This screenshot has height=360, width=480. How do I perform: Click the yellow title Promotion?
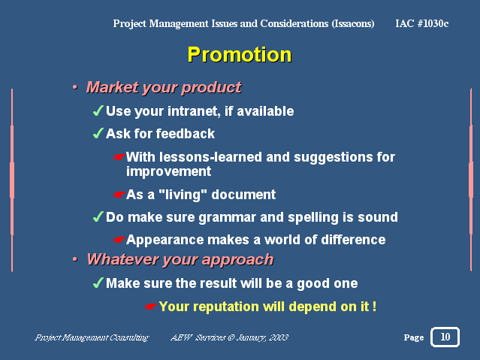[x=240, y=55]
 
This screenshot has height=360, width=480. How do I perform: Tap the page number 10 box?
[x=445, y=337]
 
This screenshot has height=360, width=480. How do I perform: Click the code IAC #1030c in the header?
[x=422, y=23]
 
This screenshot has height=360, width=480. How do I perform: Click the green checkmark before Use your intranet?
[x=98, y=110]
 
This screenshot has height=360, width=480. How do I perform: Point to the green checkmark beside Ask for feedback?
[x=98, y=133]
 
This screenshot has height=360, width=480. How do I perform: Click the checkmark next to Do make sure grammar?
[x=98, y=217]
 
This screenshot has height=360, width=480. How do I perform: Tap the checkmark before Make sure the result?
[x=98, y=283]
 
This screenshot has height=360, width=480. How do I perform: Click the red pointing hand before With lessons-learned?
[x=119, y=157]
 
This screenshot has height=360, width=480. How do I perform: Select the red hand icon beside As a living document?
[x=119, y=195]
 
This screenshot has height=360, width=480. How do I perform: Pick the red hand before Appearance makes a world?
[x=119, y=240]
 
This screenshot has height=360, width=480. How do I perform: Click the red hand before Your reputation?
[x=151, y=306]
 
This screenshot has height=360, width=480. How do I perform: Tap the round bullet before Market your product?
[x=75, y=88]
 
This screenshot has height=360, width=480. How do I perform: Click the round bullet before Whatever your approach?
[x=75, y=259]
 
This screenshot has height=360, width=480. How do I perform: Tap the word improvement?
[x=169, y=171]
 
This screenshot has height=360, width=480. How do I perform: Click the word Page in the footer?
[x=414, y=337]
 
